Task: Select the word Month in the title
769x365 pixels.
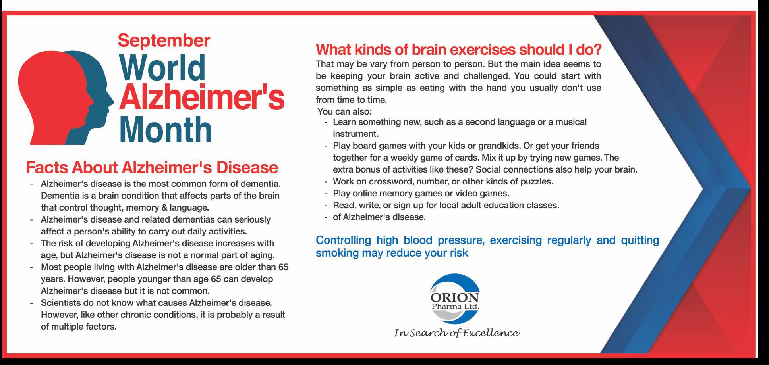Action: [x=166, y=129]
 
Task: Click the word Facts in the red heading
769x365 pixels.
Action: [x=46, y=167]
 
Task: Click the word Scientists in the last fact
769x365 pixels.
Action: [x=61, y=303]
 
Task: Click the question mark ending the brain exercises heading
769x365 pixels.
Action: [x=597, y=50]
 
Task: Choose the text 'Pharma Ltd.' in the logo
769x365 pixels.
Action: [x=455, y=307]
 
